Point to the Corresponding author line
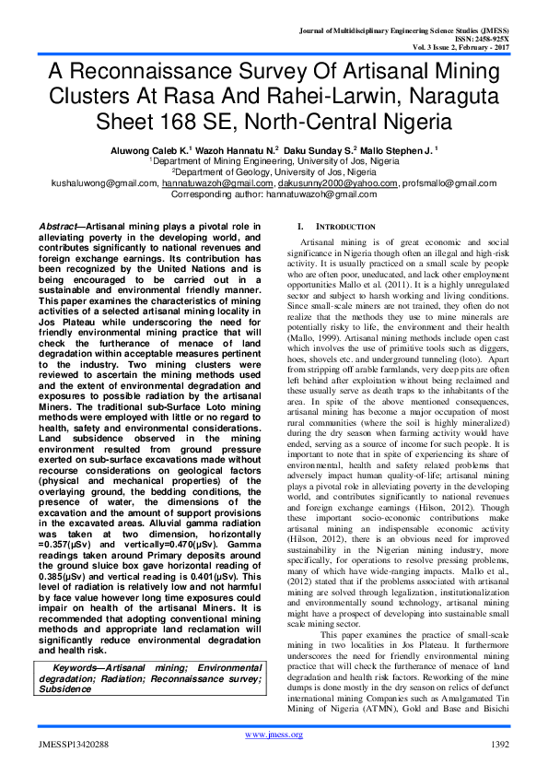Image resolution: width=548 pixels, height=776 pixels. [274, 194]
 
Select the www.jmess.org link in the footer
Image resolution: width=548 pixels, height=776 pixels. [274, 735]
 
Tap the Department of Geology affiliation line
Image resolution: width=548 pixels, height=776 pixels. [274, 170]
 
